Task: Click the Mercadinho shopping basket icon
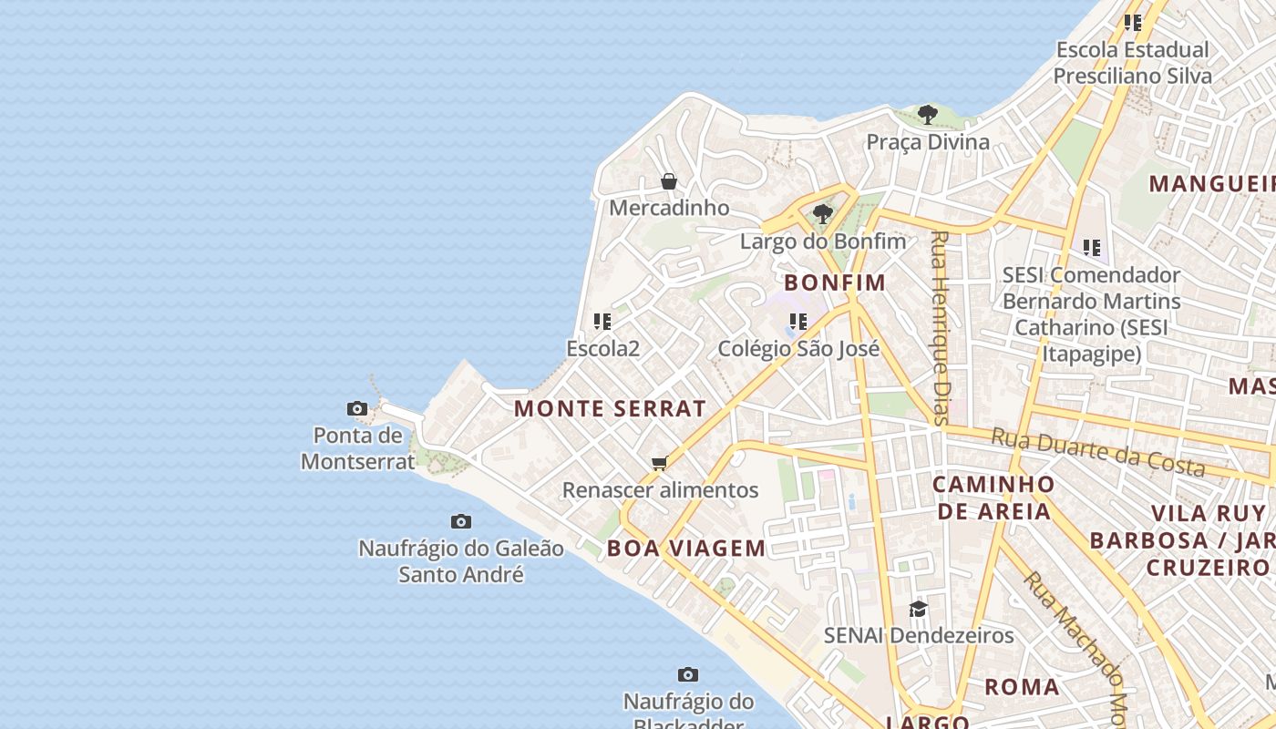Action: pyautogui.click(x=668, y=181)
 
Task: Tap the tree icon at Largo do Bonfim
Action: pyautogui.click(x=822, y=214)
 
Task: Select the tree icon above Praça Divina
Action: pyautogui.click(x=928, y=115)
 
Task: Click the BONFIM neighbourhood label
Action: pyautogui.click(x=835, y=282)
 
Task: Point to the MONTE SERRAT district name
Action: pyautogui.click(x=610, y=408)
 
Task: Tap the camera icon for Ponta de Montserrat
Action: pyautogui.click(x=357, y=408)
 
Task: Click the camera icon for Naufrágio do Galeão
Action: pyautogui.click(x=461, y=521)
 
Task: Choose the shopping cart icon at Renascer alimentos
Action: pyautogui.click(x=660, y=463)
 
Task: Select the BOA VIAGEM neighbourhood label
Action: pyautogui.click(x=686, y=548)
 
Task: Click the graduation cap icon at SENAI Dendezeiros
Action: pyautogui.click(x=918, y=608)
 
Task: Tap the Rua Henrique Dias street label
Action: pyautogui.click(x=940, y=328)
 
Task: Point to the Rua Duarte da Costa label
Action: pyautogui.click(x=1098, y=452)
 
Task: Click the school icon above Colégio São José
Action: pyautogui.click(x=798, y=321)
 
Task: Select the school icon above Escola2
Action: pyautogui.click(x=602, y=321)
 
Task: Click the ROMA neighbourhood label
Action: pyautogui.click(x=1022, y=686)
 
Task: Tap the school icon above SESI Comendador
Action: pyautogui.click(x=1091, y=247)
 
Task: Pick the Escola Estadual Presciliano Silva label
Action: pyautogui.click(x=1132, y=63)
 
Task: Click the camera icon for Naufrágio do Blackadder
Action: pyautogui.click(x=688, y=674)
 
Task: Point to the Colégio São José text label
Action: pyautogui.click(x=798, y=349)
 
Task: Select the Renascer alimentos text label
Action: pyautogui.click(x=660, y=490)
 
